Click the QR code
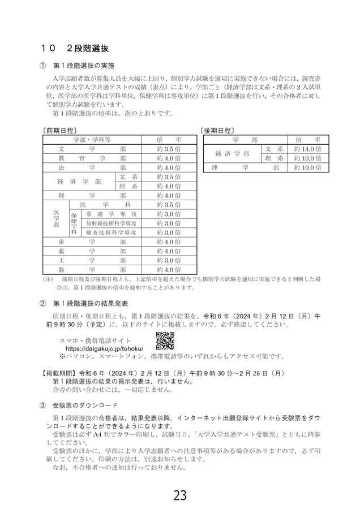pyautogui.click(x=164, y=341)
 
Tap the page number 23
pyautogui.click(x=180, y=495)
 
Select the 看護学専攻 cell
pyautogui.click(x=110, y=214)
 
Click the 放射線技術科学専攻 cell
pyautogui.click(x=110, y=223)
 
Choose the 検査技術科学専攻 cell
pyautogui.click(x=110, y=232)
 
